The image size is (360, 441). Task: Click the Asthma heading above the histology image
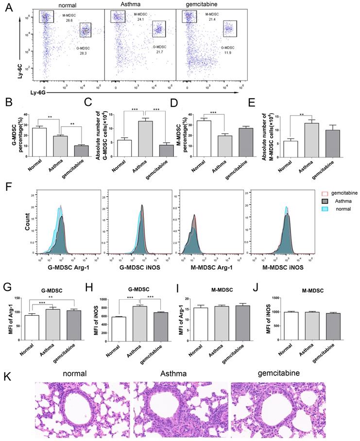[x=181, y=373]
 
